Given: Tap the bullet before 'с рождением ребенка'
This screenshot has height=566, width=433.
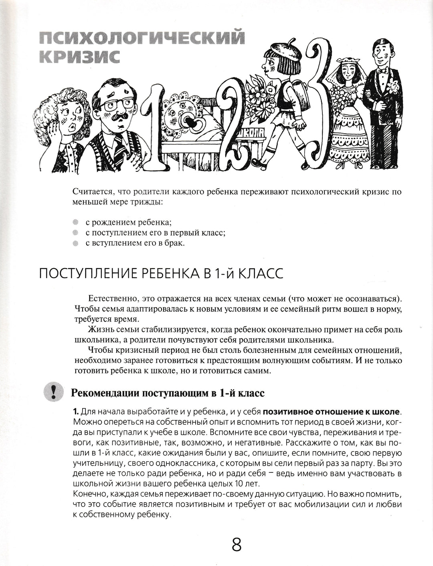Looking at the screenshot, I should pos(76,222).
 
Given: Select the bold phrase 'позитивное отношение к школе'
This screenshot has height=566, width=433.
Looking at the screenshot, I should pos(332,412).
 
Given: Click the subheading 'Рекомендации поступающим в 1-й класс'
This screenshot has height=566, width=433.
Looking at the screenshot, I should pos(167,392).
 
